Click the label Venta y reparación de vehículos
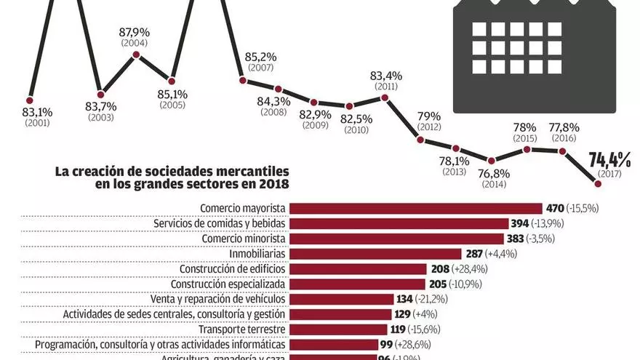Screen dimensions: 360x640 pos(225,299)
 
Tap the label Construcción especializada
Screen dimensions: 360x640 pos(228,284)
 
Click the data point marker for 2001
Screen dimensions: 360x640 pos(30,100)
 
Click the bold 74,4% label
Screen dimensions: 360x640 pos(612,160)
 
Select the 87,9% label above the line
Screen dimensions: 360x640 pos(135,32)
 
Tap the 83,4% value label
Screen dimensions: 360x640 pos(385,76)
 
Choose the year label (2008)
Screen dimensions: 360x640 pos(273,113)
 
